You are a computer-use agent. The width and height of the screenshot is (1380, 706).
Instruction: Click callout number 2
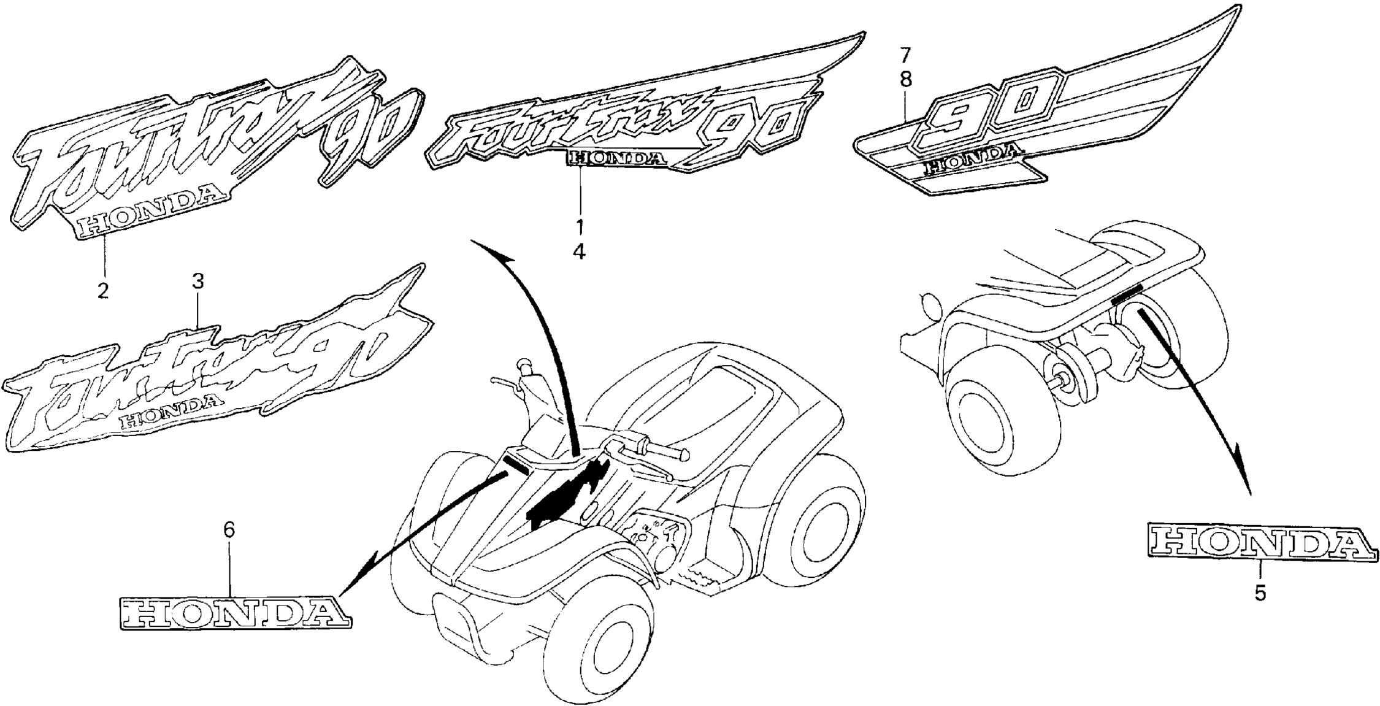102,290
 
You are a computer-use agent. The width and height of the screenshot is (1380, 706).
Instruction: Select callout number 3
197,282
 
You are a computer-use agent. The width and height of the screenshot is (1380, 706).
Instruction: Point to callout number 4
580,251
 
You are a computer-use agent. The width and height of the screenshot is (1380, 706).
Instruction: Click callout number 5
1260,593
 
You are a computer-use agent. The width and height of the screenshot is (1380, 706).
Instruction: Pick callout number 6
229,530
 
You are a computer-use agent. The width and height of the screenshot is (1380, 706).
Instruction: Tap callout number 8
907,79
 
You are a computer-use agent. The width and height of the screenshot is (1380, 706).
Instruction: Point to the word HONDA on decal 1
617,159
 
